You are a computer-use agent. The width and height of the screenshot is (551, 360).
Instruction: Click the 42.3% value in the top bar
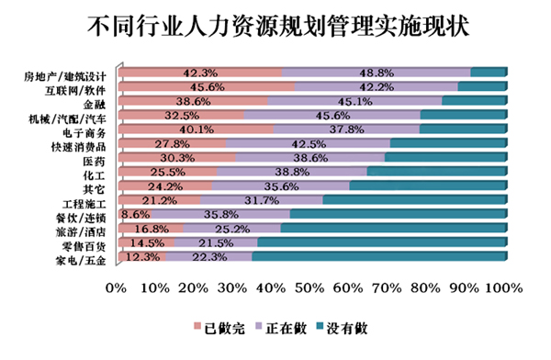coord(200,73)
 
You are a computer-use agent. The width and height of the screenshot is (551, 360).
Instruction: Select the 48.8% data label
coord(377,73)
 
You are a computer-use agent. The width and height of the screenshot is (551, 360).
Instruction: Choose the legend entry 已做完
coord(222,326)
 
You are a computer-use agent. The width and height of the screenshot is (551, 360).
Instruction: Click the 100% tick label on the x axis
coord(503,289)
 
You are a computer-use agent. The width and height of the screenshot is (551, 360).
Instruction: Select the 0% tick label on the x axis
coord(116,289)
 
